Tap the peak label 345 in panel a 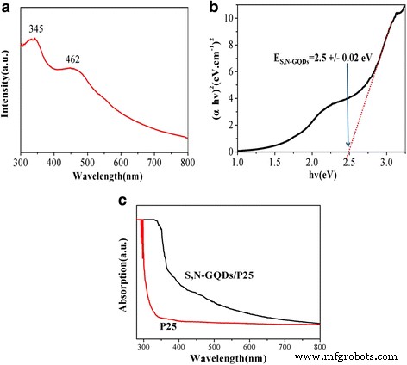point(35,29)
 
